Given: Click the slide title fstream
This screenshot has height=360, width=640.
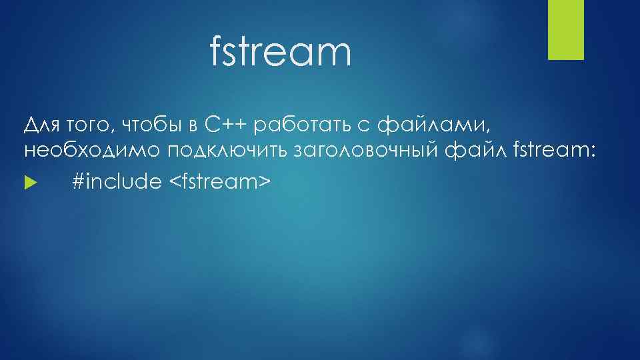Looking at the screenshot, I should [x=280, y=53].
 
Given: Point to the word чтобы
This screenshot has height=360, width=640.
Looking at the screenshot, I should [x=151, y=125].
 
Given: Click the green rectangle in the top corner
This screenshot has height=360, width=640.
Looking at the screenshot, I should [x=565, y=29].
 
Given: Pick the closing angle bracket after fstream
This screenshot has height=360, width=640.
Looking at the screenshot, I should [x=265, y=181].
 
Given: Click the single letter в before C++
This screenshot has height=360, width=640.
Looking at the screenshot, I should [x=191, y=125].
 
